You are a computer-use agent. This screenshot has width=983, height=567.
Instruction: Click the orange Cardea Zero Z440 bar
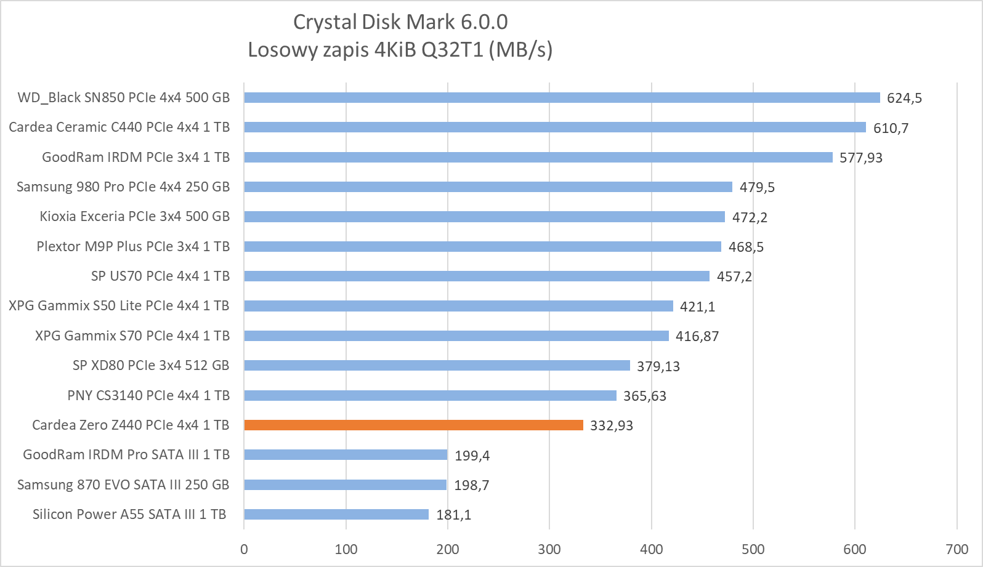coord(413,425)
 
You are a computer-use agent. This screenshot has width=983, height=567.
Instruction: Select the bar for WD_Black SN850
coord(562,97)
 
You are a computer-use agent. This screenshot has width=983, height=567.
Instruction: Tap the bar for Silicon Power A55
coord(336,514)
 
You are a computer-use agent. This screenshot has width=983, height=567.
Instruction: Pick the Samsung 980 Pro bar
coord(488,187)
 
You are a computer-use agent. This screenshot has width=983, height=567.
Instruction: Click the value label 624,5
coord(904,98)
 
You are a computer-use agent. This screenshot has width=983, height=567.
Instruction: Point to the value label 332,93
coord(611,425)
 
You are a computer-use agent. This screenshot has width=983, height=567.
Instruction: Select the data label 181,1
coord(454,515)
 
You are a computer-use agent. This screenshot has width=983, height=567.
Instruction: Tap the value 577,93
coord(860,158)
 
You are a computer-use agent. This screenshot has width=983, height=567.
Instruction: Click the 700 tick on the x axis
coord(957,549)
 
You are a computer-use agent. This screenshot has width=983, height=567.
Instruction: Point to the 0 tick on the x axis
coord(244,549)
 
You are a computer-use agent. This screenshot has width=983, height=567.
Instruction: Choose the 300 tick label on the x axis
coord(549,549)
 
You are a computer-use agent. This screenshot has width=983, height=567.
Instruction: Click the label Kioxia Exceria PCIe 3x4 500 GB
coord(135,216)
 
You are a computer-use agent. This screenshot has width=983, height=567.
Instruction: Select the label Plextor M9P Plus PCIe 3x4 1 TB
coord(133,246)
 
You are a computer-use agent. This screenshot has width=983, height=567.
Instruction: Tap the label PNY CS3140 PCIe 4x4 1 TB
coord(148,395)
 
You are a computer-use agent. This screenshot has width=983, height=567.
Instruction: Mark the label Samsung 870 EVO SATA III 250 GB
coord(123,485)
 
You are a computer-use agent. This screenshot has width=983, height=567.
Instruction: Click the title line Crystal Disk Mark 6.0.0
coord(400,22)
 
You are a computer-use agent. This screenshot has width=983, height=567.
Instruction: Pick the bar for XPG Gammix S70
coord(456,336)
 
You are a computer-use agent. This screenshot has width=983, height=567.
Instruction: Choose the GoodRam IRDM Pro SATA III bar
coord(346,454)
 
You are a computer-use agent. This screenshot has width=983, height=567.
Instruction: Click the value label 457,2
coord(734,276)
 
